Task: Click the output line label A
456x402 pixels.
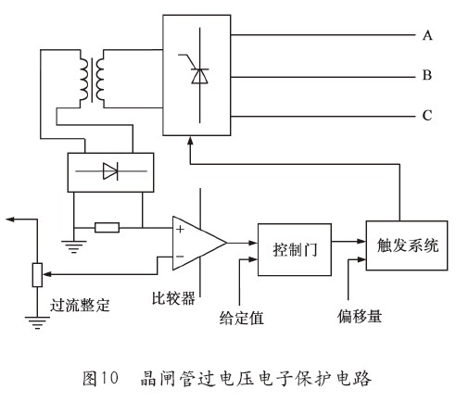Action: click(x=428, y=35)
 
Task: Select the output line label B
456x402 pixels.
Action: click(x=428, y=76)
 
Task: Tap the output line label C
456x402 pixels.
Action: click(x=428, y=116)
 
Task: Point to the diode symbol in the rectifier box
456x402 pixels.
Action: click(x=110, y=171)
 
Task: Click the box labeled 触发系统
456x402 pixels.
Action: click(x=401, y=246)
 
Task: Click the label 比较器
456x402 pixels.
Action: click(x=174, y=299)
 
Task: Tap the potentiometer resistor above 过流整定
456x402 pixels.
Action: click(x=35, y=274)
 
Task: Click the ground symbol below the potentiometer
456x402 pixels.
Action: click(x=35, y=324)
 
